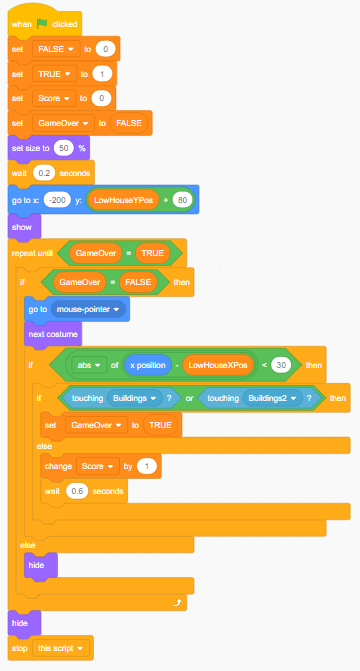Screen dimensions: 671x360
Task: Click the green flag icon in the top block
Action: pyautogui.click(x=41, y=23)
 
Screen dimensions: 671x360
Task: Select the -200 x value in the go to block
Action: pyautogui.click(x=63, y=200)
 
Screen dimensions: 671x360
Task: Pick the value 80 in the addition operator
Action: pyautogui.click(x=180, y=200)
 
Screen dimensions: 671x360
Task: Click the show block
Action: pyautogui.click(x=22, y=227)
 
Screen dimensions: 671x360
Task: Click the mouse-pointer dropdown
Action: pyautogui.click(x=90, y=310)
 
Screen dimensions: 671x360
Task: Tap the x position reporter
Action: pyautogui.click(x=146, y=366)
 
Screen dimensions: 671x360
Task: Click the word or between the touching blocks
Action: pyautogui.click(x=186, y=398)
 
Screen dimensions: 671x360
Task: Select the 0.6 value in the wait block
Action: pyautogui.click(x=79, y=491)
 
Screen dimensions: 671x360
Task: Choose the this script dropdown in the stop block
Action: pyautogui.click(x=62, y=648)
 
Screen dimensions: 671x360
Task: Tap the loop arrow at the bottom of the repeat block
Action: pyautogui.click(x=176, y=604)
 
